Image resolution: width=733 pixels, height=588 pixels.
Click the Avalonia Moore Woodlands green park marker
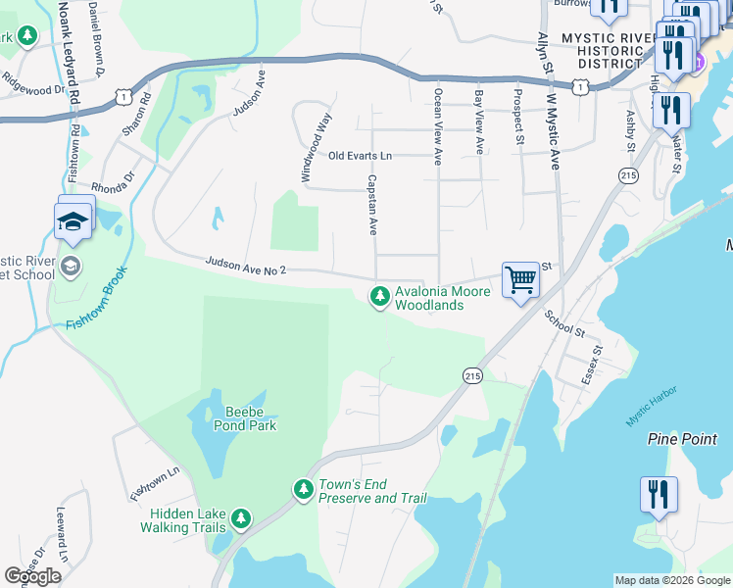tap(379, 296)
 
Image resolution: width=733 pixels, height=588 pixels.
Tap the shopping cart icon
tap(520, 279)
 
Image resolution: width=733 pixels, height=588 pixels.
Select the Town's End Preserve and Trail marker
tap(303, 488)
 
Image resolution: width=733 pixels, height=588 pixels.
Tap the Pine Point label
tap(682, 439)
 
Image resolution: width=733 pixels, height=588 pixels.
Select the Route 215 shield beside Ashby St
tap(628, 174)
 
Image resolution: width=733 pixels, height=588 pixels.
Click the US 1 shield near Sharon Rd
tap(122, 96)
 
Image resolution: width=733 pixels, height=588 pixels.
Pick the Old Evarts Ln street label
tap(360, 156)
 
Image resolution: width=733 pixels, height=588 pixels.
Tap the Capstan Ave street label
tap(372, 205)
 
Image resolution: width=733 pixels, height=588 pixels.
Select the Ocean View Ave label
tap(437, 127)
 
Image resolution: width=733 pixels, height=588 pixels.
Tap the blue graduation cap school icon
tap(75, 220)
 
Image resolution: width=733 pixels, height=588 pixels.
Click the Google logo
tap(32, 576)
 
